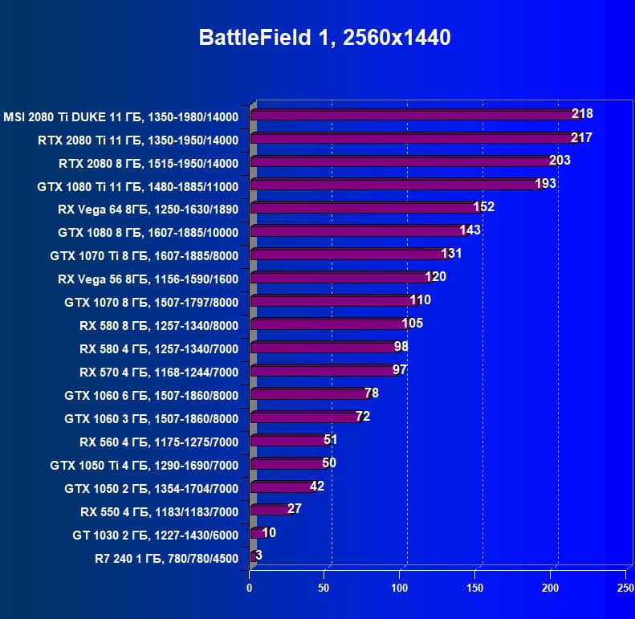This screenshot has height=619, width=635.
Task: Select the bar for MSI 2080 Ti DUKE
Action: pos(413,115)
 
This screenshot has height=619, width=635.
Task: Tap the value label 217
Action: pos(581,138)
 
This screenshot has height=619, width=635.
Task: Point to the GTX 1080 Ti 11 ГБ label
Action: pos(138,186)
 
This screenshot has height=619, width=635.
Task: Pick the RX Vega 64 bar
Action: pos(365,208)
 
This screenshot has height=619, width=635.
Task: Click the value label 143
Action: pos(470,230)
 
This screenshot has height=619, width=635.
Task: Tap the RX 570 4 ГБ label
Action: pos(159,372)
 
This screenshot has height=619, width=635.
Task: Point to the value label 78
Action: pos(372,393)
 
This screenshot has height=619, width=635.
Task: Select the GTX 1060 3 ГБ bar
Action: pos(307,417)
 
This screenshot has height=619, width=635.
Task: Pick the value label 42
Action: pos(317,487)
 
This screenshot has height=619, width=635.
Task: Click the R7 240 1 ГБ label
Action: pos(166,558)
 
